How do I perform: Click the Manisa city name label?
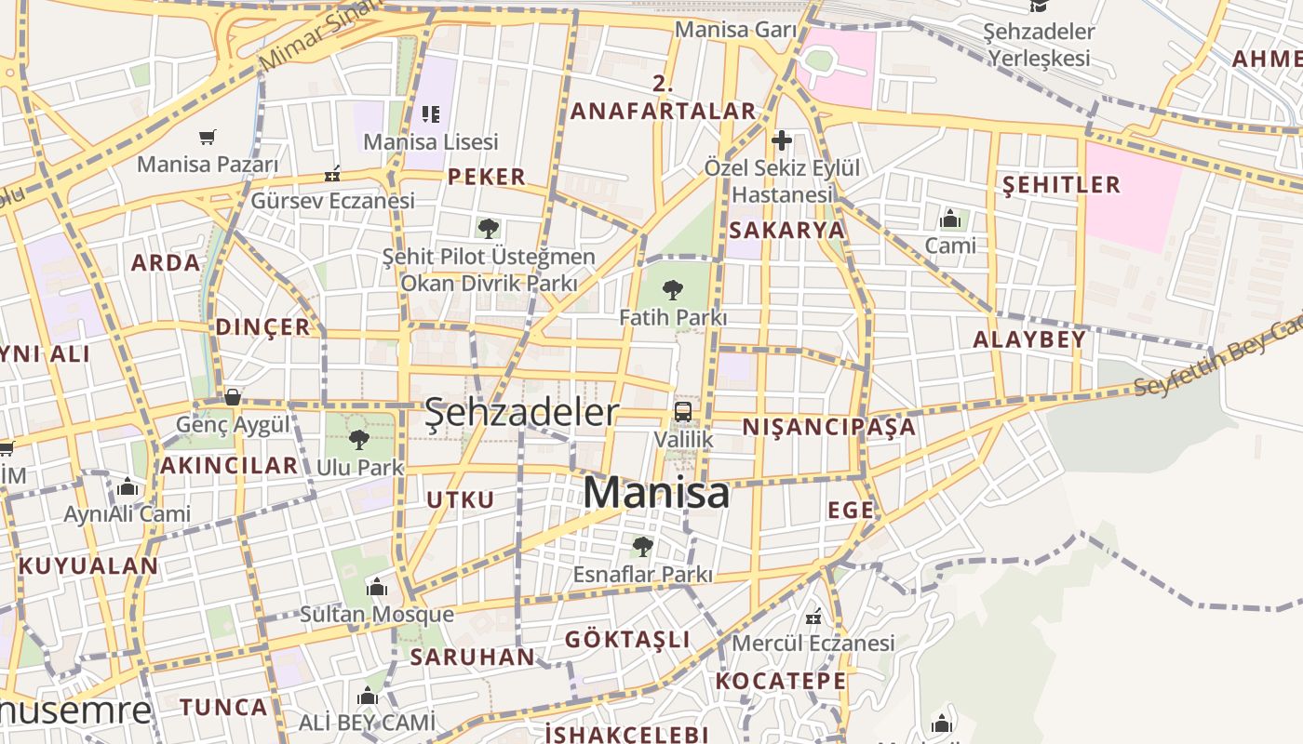click(x=656, y=493)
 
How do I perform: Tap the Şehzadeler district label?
click(x=521, y=413)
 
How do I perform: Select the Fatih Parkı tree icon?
click(x=673, y=290)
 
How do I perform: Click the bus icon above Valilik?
click(x=683, y=412)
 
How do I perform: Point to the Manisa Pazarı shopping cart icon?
click(x=208, y=138)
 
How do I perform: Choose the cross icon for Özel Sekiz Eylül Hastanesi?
click(x=782, y=140)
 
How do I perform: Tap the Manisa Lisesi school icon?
click(x=430, y=114)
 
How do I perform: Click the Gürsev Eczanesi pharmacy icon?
click(x=332, y=174)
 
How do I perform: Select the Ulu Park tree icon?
click(x=359, y=440)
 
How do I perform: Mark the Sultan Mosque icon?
click(x=376, y=587)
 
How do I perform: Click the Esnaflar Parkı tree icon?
click(x=642, y=546)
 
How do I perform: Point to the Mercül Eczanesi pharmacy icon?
click(x=813, y=616)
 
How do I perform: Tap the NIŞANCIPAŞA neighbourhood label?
click(x=828, y=427)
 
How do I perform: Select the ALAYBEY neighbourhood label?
click(x=1029, y=339)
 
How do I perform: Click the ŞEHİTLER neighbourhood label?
click(x=1061, y=184)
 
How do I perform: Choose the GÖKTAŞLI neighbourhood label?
click(x=627, y=639)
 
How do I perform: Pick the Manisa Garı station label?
click(x=735, y=30)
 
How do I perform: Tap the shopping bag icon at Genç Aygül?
click(x=233, y=397)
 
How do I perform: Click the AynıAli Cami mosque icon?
click(x=128, y=486)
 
